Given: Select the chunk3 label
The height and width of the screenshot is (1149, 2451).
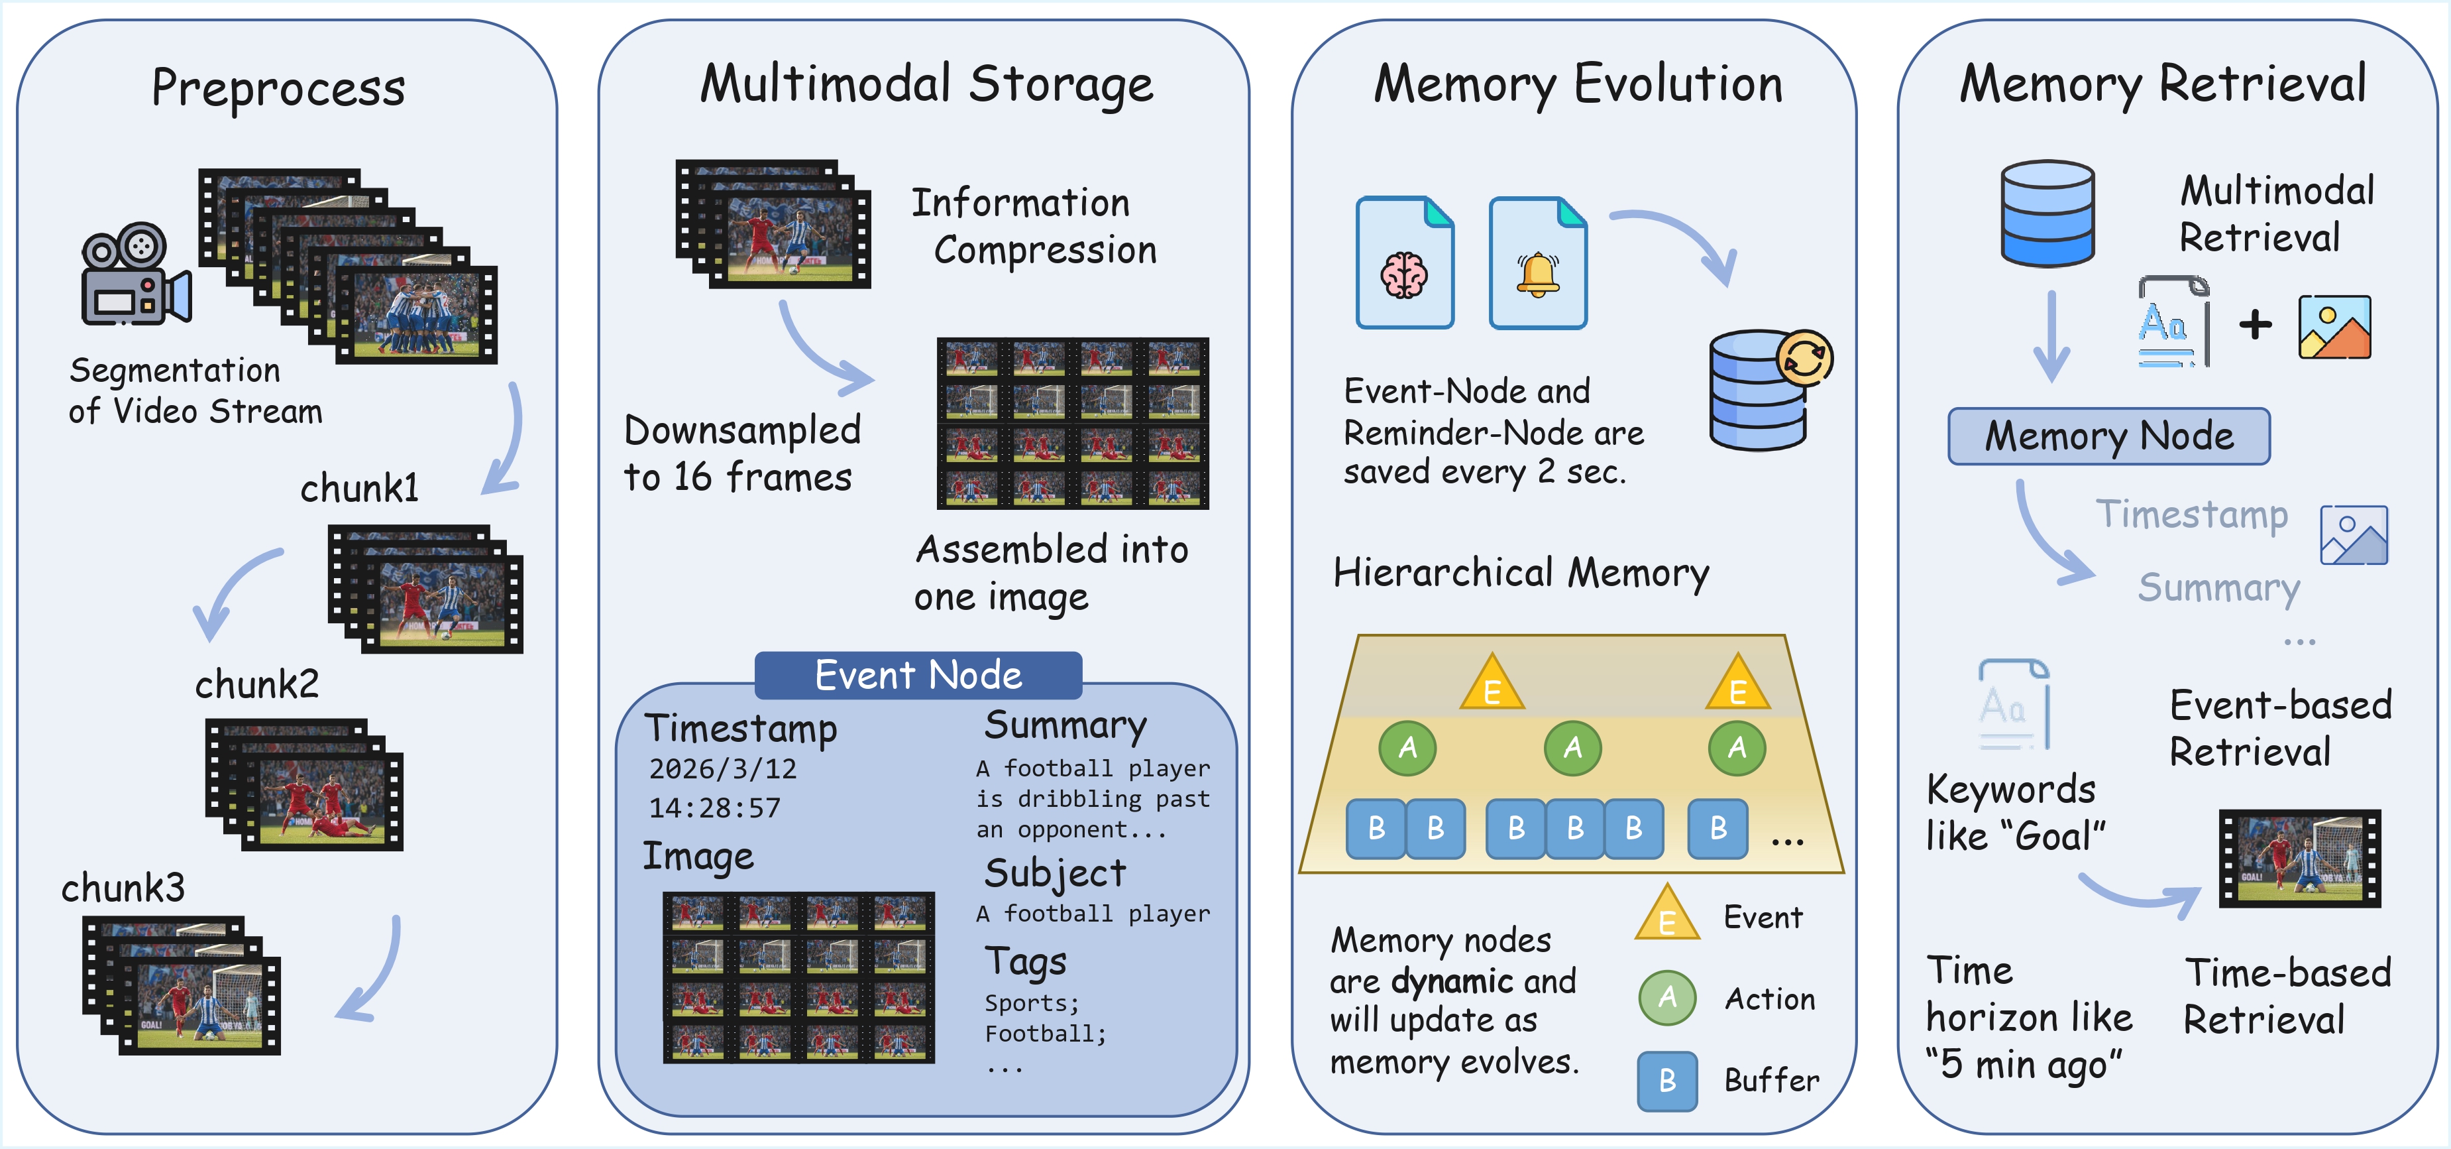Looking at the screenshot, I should [x=123, y=887].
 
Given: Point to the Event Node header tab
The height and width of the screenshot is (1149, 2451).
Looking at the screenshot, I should [x=918, y=675].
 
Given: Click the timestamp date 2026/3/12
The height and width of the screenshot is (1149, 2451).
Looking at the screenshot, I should [x=722, y=768].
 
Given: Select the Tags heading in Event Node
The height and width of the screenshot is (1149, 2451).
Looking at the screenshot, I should [x=1025, y=961].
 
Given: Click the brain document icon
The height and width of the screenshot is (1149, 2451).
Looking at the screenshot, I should [x=1404, y=264].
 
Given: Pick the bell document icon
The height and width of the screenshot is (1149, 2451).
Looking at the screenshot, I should [x=1537, y=264].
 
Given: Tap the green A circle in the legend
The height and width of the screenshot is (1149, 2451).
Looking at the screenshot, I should [x=1667, y=998].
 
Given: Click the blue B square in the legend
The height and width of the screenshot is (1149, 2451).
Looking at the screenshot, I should [x=1667, y=1081].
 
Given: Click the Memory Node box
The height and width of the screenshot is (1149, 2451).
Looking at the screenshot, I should [x=2108, y=436].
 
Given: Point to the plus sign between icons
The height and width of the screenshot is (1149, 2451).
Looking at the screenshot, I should [x=2255, y=325].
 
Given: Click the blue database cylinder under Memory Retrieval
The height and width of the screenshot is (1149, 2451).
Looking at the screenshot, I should [x=2047, y=213].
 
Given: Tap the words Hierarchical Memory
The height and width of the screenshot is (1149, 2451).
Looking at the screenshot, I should [x=1521, y=572].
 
